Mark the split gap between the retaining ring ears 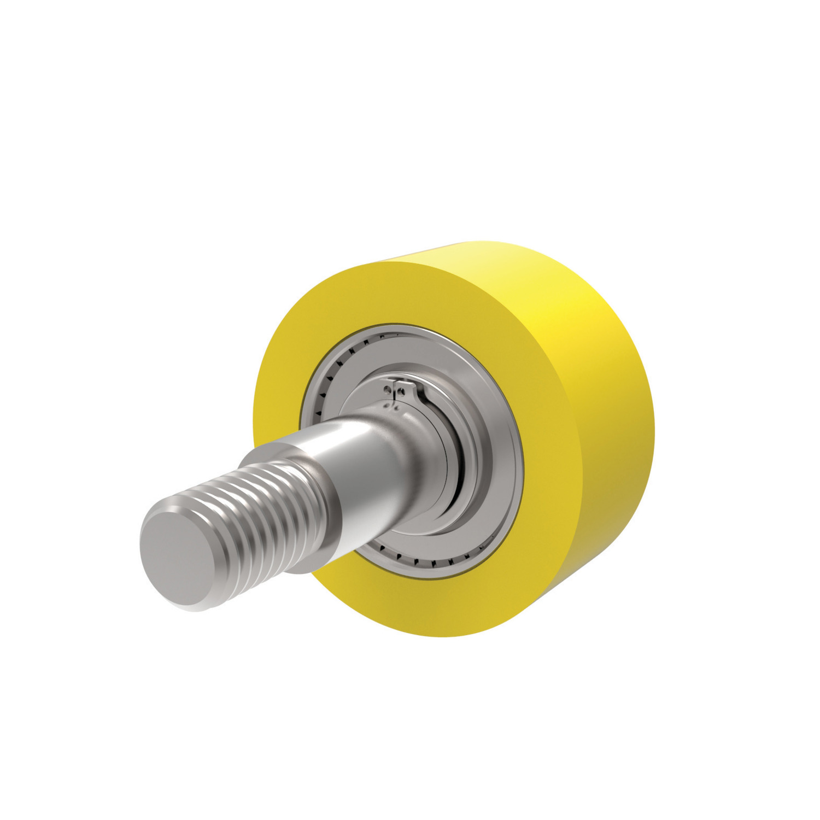397,389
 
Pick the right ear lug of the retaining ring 407,389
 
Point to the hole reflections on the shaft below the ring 391,406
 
